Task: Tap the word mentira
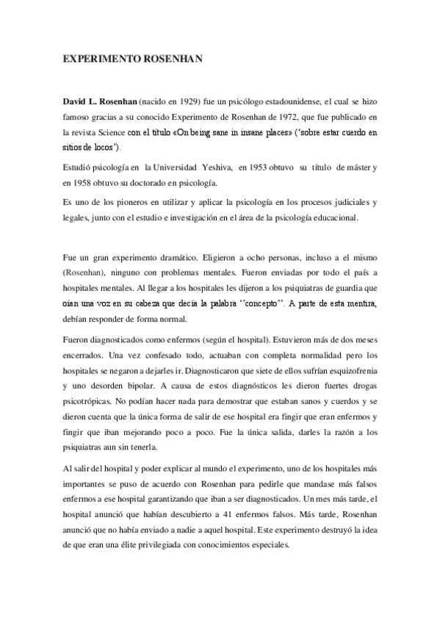[359, 303]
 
